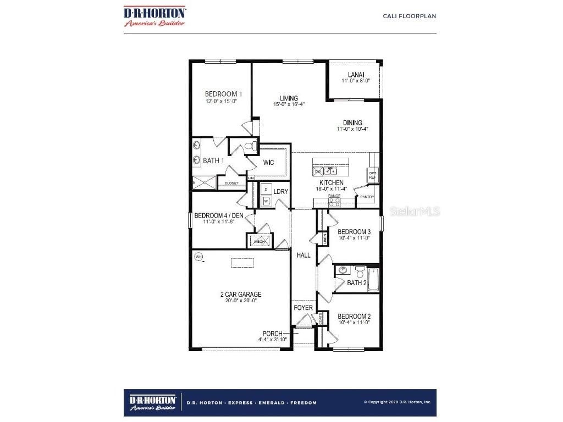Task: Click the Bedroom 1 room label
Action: pos(220,94)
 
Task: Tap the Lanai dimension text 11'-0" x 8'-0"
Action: pos(356,80)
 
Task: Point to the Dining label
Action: pos(352,123)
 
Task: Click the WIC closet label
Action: pos(269,163)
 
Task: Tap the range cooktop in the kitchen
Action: pos(334,202)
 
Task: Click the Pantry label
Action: pos(367,196)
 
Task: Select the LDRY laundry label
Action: pos(281,192)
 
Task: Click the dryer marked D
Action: pos(266,189)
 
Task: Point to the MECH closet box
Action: pos(259,241)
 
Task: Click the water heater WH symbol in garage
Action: pos(198,256)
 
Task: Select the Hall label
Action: pos(303,255)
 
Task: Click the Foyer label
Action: pos(303,308)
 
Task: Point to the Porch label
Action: pos(273,334)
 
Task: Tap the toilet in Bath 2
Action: pos(360,271)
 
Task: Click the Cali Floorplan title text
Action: pos(410,16)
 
